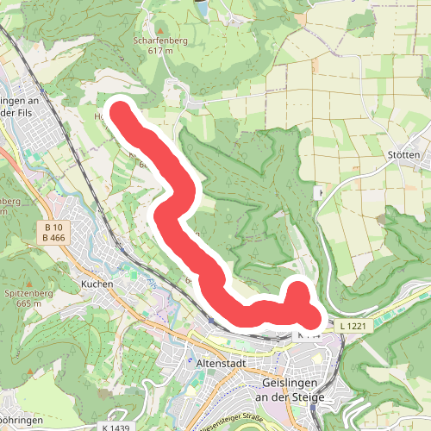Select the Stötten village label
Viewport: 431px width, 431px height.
(404, 155)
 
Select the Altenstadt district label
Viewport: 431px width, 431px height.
(222, 364)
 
